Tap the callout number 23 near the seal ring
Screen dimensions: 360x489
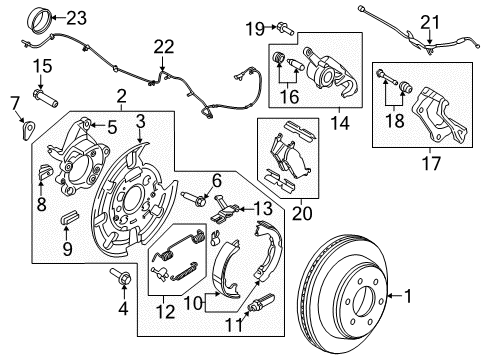pos(77,16)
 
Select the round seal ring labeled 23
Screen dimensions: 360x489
pos(41,19)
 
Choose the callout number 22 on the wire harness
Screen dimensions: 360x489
pos(162,45)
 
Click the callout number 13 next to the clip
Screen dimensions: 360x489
pos(261,207)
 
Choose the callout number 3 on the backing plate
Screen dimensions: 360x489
pos(141,121)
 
